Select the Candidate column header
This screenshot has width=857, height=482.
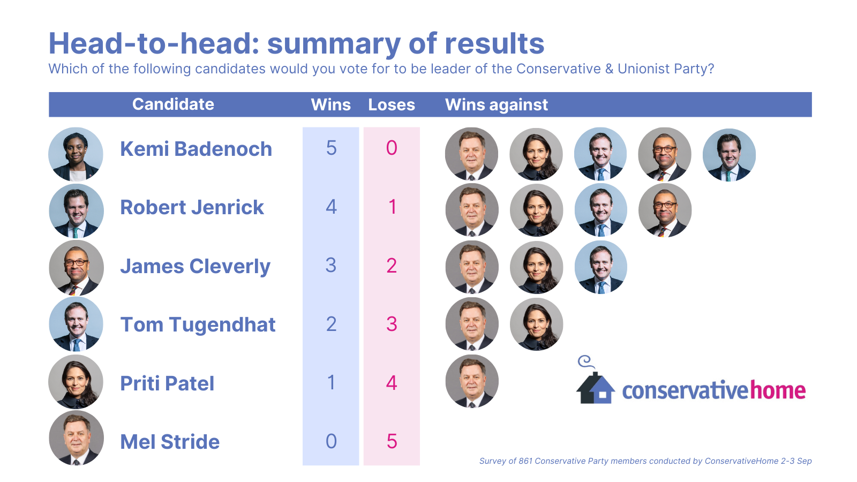coord(173,104)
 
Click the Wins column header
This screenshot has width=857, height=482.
coord(330,104)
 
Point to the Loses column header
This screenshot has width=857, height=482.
coord(392,104)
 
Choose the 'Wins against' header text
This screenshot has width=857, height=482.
coord(496,104)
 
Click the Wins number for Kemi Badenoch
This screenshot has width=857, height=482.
coord(332,148)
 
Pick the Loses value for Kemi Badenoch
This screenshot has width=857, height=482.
coord(392,148)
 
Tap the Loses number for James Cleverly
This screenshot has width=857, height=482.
coord(392,265)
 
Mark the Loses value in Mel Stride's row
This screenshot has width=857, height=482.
coord(392,441)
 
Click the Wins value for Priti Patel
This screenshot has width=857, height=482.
coord(332,382)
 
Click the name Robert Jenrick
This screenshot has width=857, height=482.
coord(192,207)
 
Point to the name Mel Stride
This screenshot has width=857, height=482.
coord(170,442)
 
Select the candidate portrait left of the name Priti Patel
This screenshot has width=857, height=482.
coord(76,382)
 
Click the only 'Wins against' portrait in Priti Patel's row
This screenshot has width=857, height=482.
coord(472,381)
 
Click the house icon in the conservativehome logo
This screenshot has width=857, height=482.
coord(595,387)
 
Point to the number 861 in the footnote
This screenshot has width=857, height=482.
coord(525,461)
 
